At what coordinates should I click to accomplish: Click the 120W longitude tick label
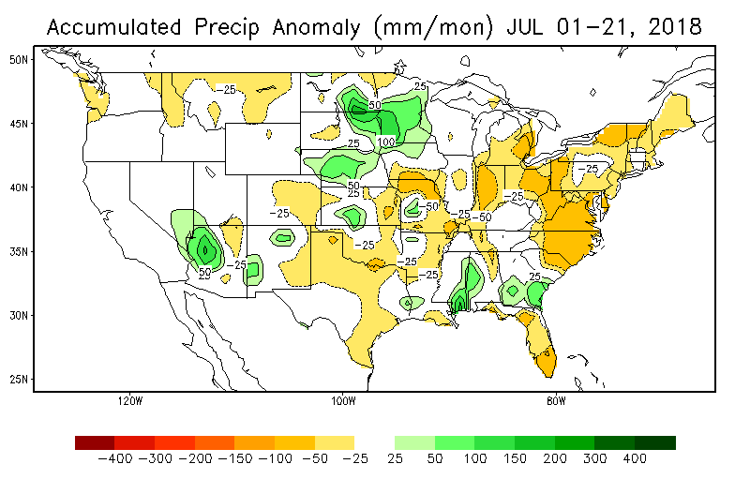130,402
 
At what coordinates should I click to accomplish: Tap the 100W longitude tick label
343,402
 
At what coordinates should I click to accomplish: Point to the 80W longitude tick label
556,402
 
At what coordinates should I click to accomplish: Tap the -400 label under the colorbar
114,460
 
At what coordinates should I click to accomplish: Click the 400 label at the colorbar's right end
636,460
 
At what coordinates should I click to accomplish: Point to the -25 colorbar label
355,460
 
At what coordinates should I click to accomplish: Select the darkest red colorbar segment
95,442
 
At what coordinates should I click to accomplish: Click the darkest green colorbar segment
655,442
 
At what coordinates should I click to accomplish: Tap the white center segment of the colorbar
375,442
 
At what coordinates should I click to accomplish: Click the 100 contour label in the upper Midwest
385,142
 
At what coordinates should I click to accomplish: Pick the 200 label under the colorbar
555,460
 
